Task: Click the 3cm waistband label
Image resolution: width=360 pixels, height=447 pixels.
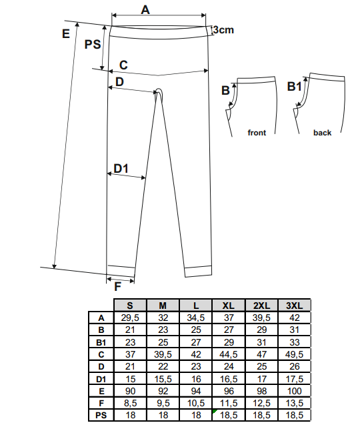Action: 223,29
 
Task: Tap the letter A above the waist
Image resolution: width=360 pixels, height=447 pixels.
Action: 145,10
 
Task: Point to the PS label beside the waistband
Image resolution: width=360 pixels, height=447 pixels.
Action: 93,45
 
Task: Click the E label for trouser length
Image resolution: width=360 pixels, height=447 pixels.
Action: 66,34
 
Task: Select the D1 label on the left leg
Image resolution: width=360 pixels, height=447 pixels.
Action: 121,169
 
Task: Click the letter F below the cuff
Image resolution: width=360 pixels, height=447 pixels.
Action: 117,287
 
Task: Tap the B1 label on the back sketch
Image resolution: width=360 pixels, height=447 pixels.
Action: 294,86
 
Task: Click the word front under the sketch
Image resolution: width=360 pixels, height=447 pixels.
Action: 257,133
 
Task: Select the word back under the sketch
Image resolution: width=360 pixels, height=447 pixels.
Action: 323,133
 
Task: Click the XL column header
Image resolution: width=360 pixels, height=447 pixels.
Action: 229,306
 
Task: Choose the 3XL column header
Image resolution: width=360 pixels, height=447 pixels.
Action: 294,306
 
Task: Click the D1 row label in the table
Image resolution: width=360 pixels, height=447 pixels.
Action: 101,379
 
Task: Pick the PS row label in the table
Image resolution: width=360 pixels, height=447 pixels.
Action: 101,416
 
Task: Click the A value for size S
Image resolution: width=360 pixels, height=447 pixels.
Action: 130,318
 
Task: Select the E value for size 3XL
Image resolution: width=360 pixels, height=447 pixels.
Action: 295,391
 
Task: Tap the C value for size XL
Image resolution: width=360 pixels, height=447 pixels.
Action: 229,355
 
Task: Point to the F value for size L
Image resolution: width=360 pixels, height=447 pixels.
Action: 196,404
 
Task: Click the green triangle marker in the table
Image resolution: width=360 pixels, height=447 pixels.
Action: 215,411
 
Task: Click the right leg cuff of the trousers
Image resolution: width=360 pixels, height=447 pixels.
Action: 198,271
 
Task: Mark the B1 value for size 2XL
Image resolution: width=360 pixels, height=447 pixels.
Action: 261,342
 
